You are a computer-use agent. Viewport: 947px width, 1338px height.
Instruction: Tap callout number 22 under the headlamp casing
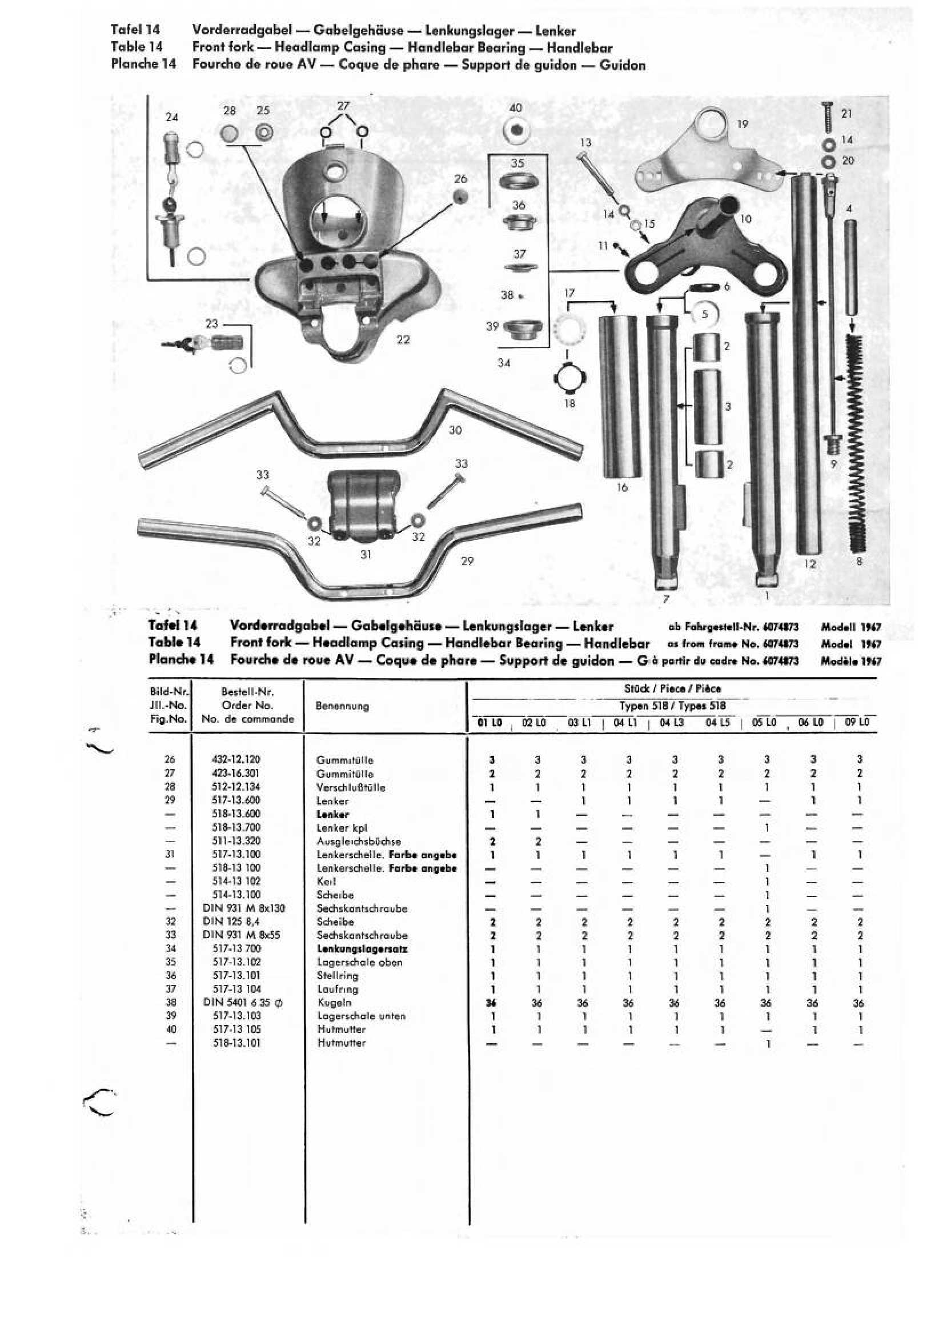tap(403, 339)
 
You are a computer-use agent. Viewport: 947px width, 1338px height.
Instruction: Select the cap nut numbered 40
tap(516, 131)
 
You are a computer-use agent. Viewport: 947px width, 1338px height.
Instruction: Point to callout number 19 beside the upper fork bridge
tap(743, 123)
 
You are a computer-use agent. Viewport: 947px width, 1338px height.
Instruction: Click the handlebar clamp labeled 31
tap(365, 504)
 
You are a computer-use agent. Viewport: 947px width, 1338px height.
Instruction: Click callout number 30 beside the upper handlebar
tap(455, 430)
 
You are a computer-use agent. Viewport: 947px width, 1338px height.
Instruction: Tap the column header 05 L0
tap(764, 723)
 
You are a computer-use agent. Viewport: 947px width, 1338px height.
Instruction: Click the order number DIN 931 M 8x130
tap(244, 908)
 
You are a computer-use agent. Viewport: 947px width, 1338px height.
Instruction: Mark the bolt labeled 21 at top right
tap(828, 121)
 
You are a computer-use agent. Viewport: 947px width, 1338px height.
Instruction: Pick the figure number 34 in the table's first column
tap(170, 948)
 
